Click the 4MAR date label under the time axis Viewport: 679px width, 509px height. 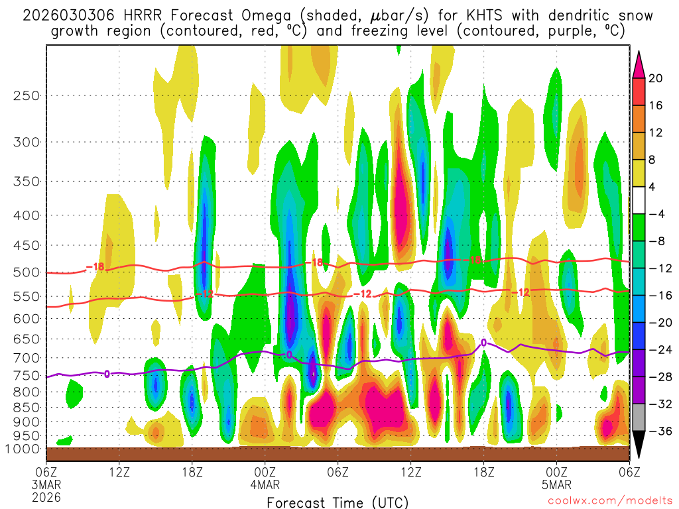pos(265,484)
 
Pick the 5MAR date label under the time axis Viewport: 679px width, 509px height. pos(556,484)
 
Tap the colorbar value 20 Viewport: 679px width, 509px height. pos(656,78)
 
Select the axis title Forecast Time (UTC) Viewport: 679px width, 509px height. pos(338,502)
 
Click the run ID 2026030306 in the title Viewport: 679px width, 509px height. pos(69,15)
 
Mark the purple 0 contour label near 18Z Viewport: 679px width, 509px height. pos(483,343)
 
